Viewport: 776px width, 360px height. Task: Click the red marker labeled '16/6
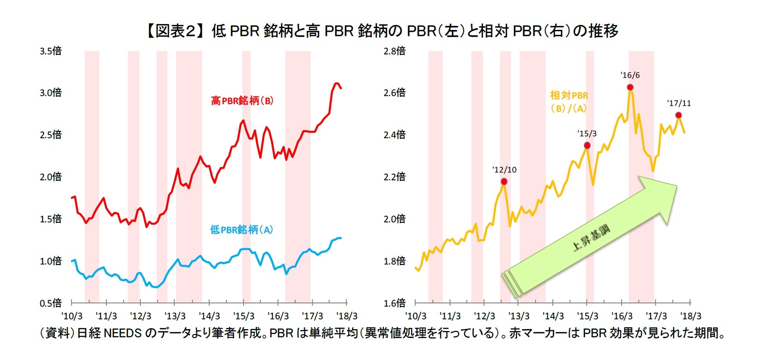[x=630, y=87]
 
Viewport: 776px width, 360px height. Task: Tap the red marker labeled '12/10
[x=504, y=182]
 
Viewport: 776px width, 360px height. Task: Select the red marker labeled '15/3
[x=587, y=145]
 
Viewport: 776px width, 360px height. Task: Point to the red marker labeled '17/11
[x=678, y=115]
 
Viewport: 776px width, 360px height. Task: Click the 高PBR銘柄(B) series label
[x=242, y=101]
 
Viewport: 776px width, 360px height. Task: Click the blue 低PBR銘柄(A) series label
[x=241, y=230]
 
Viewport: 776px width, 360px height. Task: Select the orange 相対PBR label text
[x=569, y=96]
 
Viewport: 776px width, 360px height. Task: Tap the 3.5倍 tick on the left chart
[x=50, y=51]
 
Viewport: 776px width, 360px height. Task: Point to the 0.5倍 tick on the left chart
[x=50, y=303]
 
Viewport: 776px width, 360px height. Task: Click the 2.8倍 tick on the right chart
[x=394, y=51]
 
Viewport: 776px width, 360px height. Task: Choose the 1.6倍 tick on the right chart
[x=394, y=303]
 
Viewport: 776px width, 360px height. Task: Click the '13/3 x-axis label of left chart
[x=175, y=316]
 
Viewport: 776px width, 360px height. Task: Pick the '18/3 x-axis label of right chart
[x=690, y=316]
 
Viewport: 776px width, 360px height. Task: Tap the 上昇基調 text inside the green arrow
[x=591, y=238]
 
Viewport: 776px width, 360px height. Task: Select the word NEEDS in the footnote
[x=123, y=333]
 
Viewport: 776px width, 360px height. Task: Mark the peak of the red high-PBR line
[x=336, y=83]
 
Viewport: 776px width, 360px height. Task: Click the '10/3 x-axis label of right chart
[x=416, y=316]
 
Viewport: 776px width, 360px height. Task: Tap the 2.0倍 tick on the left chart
[x=50, y=177]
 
